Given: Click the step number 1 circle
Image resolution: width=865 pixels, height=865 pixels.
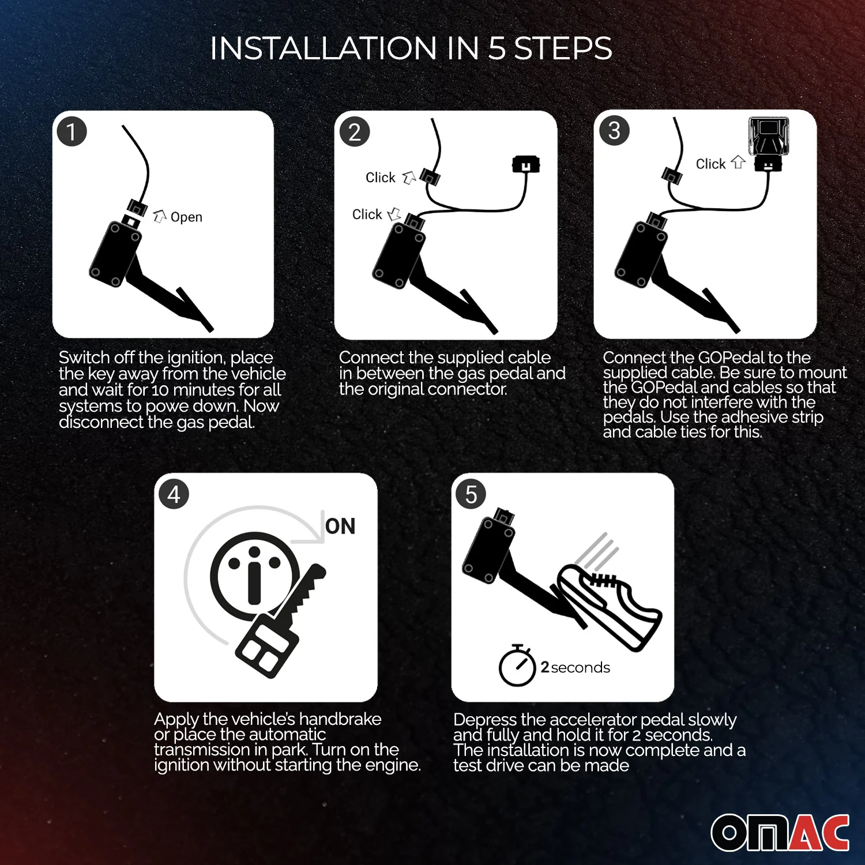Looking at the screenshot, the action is point(72,131).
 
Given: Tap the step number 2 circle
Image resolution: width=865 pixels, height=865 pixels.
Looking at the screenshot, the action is point(355,132).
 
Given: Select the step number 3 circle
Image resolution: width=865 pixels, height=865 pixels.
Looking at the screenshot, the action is point(615,131).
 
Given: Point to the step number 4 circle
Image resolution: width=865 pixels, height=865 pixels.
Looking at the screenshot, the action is point(174,494).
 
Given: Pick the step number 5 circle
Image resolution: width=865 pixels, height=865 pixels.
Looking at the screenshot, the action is point(471,494).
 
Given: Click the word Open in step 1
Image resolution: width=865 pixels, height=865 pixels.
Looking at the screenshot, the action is point(186,217).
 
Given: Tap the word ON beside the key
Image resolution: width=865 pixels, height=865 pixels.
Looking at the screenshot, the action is point(340,526).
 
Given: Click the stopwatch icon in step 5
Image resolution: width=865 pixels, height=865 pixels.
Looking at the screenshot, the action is point(517,665).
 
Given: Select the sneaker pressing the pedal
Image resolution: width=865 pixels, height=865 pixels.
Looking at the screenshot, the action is point(608,605).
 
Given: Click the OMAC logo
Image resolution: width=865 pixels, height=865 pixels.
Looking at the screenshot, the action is point(780,833).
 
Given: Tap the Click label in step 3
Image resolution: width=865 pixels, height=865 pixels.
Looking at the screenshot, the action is point(710,164).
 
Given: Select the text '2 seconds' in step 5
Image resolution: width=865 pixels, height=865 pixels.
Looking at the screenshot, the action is point(575,667).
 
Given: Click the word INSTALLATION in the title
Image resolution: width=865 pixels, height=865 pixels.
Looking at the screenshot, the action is point(324,48).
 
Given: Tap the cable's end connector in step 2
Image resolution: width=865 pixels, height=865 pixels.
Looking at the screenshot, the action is point(526,164).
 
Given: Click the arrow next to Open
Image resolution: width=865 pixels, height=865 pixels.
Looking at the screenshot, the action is point(160,216).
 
